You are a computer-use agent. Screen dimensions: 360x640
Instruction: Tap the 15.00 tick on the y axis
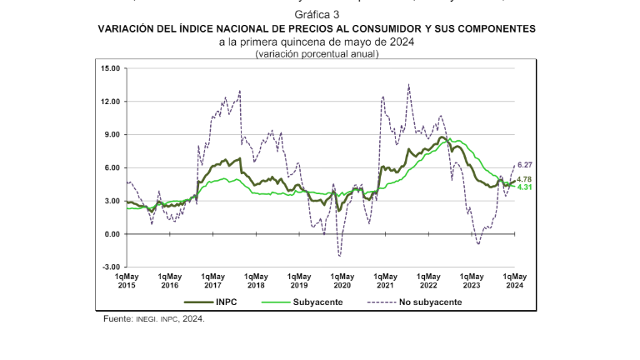(109, 68)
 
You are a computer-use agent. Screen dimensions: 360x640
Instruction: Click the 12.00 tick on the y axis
(109, 102)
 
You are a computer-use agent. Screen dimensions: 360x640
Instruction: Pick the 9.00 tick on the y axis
(112, 134)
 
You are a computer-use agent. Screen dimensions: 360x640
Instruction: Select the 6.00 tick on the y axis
(112, 167)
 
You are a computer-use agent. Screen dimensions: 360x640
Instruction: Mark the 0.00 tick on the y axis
(112, 234)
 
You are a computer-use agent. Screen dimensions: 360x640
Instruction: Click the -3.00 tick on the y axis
(110, 267)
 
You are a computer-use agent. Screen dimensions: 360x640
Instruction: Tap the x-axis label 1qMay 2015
(127, 281)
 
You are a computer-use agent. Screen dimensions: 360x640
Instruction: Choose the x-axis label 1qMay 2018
(256, 281)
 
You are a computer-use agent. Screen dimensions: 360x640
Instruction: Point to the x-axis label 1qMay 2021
(385, 281)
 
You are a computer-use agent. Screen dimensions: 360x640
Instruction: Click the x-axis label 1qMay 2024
(514, 281)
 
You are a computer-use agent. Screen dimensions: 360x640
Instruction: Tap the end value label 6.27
(525, 166)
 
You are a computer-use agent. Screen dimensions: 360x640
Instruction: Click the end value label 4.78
(525, 179)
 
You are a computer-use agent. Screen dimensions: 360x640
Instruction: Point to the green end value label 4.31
(525, 187)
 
